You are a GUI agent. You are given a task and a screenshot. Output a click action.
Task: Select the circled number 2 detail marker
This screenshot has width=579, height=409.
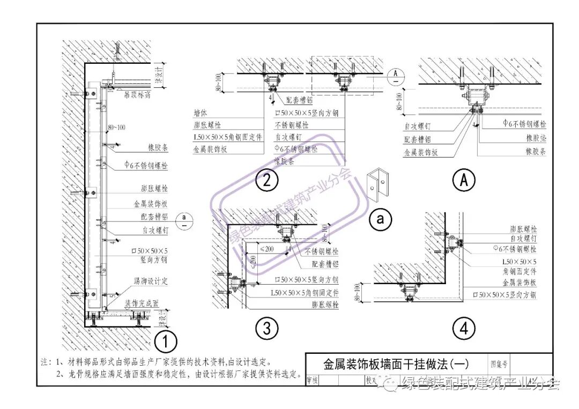coord(266,180)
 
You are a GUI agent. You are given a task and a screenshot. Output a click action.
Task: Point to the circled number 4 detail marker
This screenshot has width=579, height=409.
coord(464,328)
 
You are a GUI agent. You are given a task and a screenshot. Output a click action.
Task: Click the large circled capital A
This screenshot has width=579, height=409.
coord(464,180)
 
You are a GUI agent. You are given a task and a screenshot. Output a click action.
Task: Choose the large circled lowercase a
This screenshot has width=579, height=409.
coord(381,219)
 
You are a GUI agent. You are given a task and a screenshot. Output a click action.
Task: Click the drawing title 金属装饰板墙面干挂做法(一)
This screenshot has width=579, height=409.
coord(396,364)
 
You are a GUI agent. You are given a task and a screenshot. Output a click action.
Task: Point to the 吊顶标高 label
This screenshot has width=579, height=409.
coord(136,95)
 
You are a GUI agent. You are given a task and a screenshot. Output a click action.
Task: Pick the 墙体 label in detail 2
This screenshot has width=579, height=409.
coord(202,114)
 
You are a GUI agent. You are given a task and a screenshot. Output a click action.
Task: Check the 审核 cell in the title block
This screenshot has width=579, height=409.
coord(312,380)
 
